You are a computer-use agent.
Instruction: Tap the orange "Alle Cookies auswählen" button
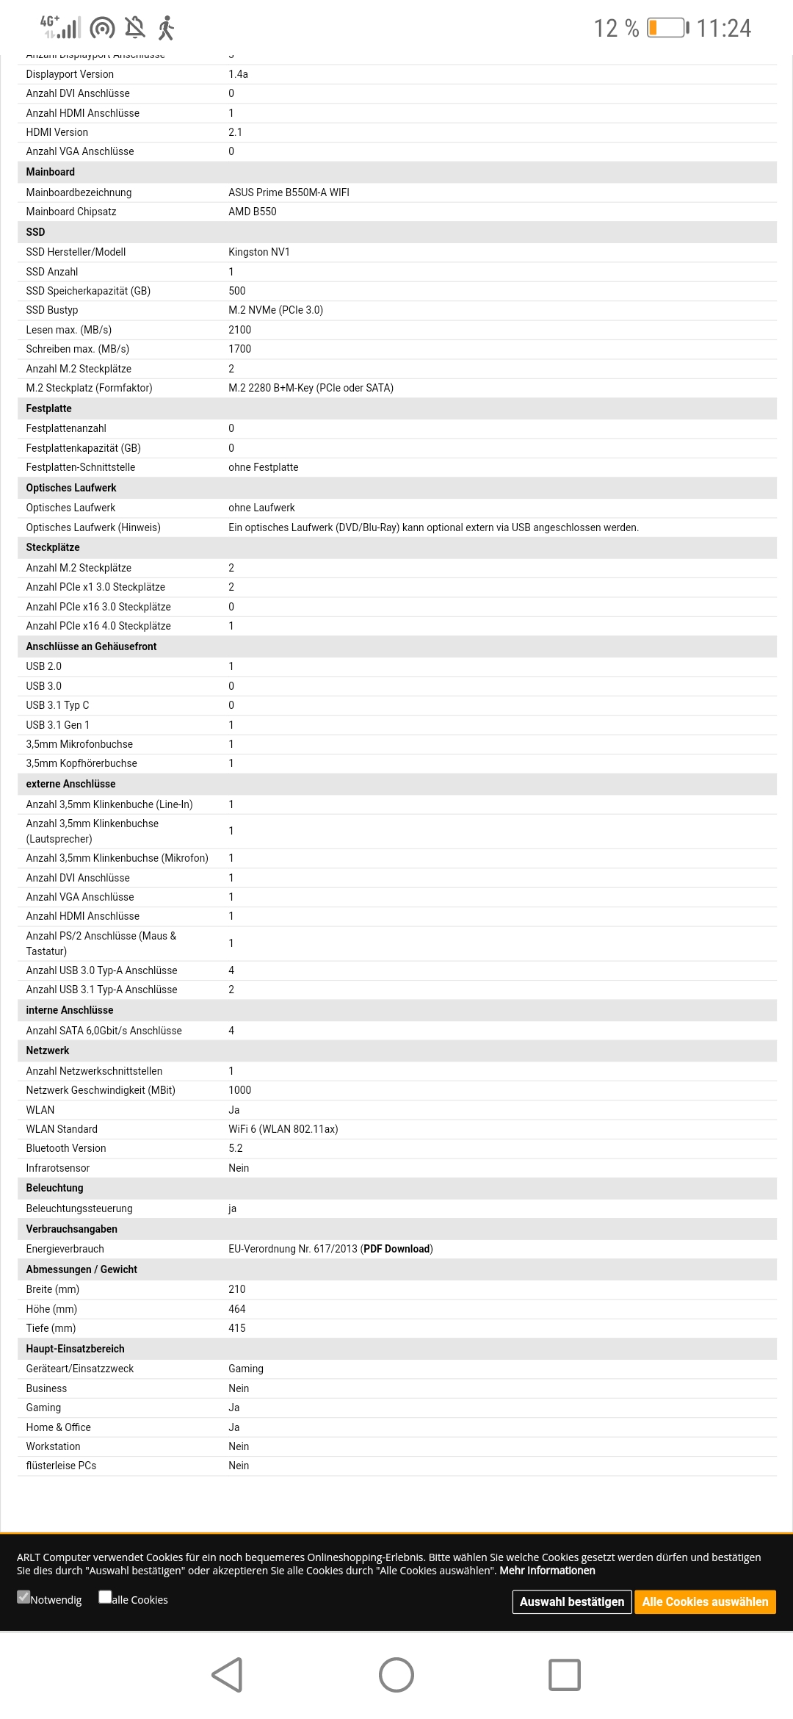(705, 1601)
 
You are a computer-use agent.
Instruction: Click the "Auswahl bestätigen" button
(572, 1601)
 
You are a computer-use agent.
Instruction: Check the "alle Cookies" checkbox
(105, 1596)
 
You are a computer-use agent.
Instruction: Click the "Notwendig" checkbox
(24, 1596)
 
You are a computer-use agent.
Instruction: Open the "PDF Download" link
(397, 1249)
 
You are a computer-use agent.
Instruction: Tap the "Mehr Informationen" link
(547, 1571)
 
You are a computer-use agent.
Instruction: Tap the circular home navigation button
(396, 1675)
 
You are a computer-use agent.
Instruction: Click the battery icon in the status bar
(667, 28)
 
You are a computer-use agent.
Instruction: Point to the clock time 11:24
(723, 29)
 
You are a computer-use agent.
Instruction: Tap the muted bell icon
(135, 28)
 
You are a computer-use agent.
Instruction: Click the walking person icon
(167, 28)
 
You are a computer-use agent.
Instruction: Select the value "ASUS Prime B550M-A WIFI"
(289, 192)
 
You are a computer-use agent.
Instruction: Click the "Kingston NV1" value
(259, 252)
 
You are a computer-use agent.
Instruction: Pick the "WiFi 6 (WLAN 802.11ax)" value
(283, 1129)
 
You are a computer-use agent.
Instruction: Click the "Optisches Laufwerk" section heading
(71, 488)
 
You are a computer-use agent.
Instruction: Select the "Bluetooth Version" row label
(66, 1148)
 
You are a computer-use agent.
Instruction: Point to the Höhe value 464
(237, 1309)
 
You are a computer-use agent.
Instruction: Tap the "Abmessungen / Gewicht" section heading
(82, 1269)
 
